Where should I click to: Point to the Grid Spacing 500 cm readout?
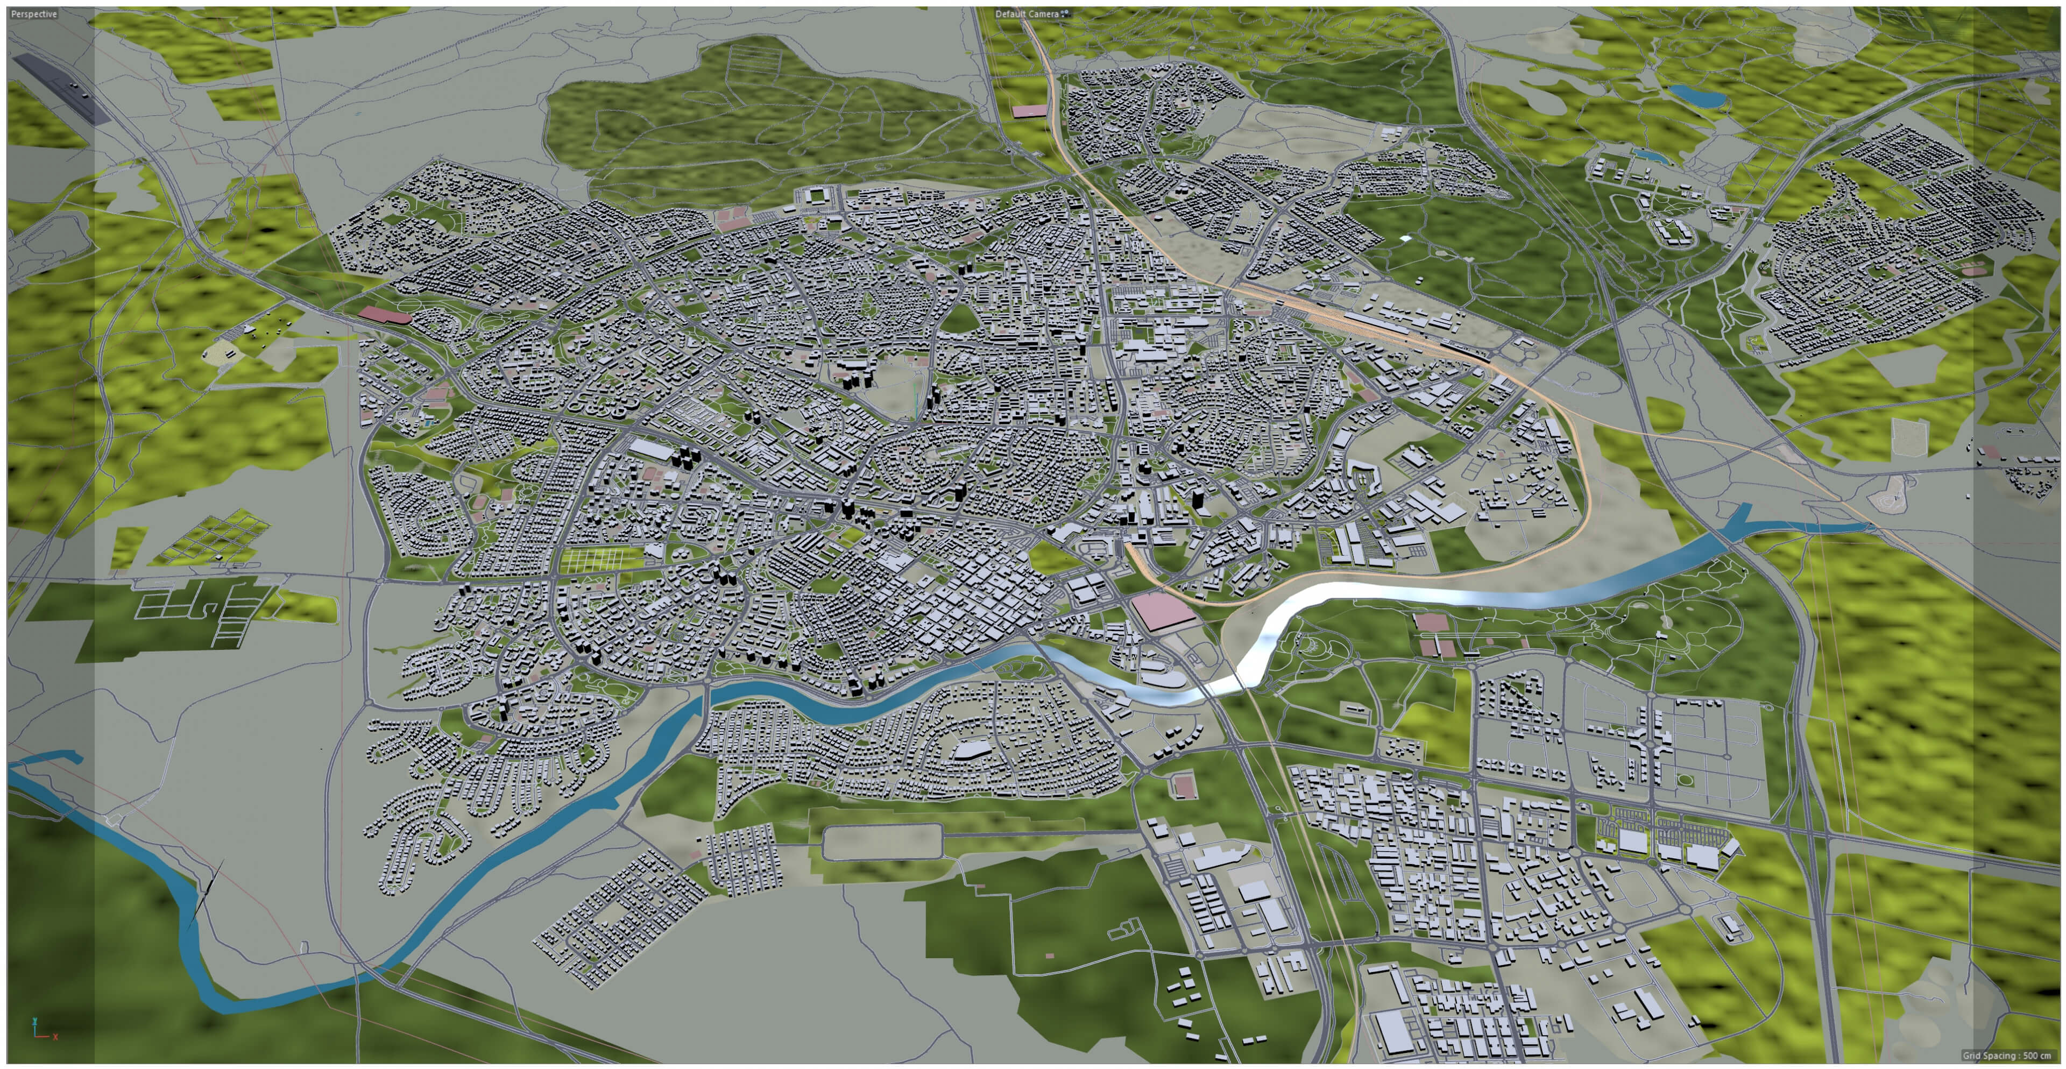point(2006,1056)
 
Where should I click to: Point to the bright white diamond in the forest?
point(1404,238)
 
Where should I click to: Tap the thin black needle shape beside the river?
point(207,890)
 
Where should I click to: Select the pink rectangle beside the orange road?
point(1030,111)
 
